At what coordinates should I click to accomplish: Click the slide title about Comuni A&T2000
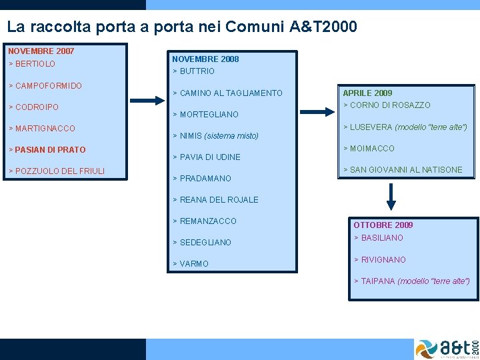point(182,27)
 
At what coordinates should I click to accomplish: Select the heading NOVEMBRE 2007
point(41,51)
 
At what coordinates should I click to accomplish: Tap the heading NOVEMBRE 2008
point(205,59)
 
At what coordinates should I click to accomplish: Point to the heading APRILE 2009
point(367,93)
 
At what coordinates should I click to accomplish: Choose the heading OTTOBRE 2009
point(383,225)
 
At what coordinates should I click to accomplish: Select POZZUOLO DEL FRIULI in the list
point(57,171)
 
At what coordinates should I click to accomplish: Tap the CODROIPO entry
point(33,107)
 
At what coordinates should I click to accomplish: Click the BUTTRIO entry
point(194,71)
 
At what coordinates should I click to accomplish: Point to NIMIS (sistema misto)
point(215,136)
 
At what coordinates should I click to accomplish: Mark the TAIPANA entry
point(411,281)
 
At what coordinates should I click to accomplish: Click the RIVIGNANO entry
point(379,260)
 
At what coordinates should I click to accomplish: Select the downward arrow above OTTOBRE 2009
point(391,197)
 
